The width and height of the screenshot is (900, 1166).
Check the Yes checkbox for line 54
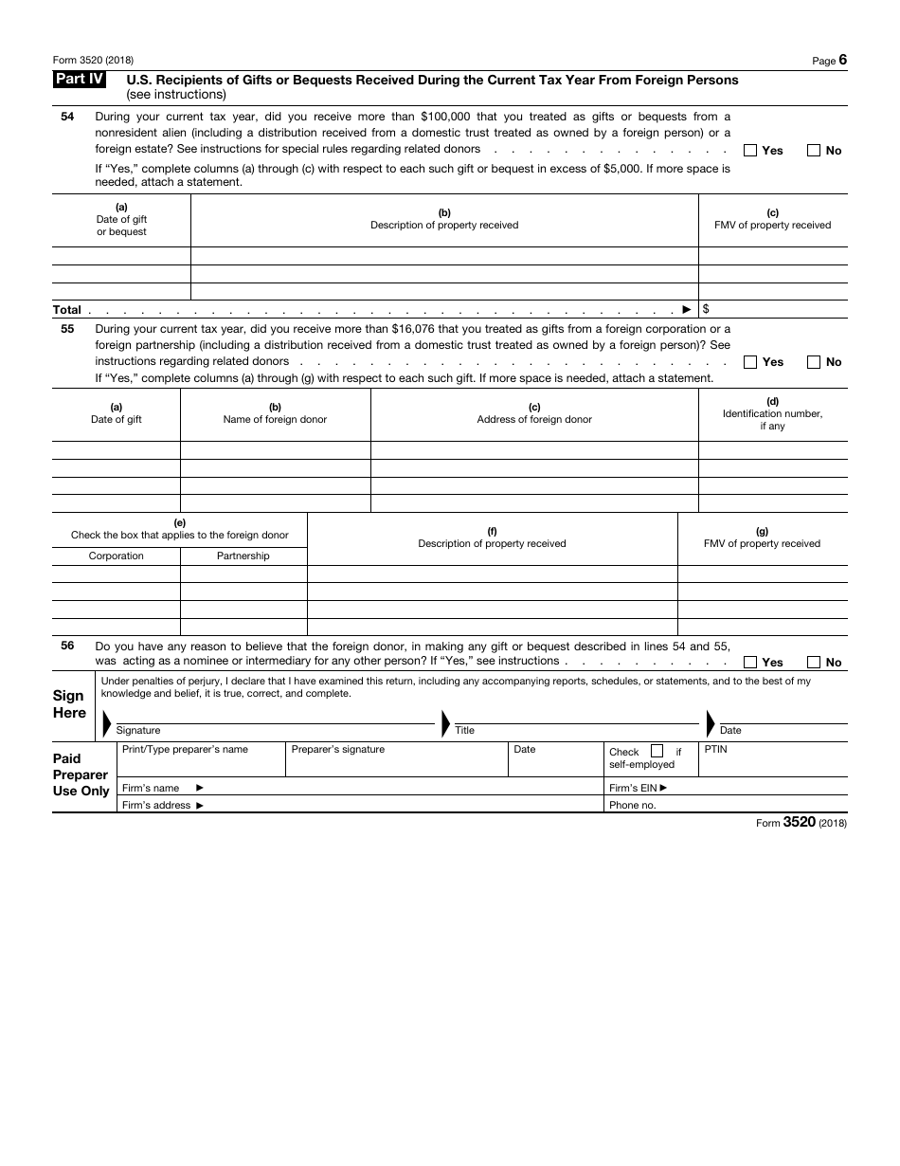pos(750,150)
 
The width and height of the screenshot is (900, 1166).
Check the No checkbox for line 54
pos(814,150)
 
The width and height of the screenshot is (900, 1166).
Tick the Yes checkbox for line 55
pos(750,361)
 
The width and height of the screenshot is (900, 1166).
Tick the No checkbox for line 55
pos(814,361)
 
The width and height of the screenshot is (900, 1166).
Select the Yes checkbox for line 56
pos(750,662)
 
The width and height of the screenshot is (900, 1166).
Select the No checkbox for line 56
pos(814,662)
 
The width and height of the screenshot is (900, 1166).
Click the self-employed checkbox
pos(657,752)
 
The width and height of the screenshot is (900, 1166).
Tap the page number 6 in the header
pos(842,60)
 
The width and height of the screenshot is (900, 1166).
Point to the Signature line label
pos(138,731)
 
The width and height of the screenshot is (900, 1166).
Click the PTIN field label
pos(715,749)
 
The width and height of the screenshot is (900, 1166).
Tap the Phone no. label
pos(632,805)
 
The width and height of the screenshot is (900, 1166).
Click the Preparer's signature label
pos(338,749)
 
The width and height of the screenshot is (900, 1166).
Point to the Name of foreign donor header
pos(275,419)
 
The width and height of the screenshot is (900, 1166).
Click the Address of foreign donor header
pos(534,419)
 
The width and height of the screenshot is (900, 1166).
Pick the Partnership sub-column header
pos(243,556)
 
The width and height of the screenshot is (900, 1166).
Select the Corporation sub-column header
pos(117,556)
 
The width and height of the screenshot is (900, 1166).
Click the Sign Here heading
pos(69,704)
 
